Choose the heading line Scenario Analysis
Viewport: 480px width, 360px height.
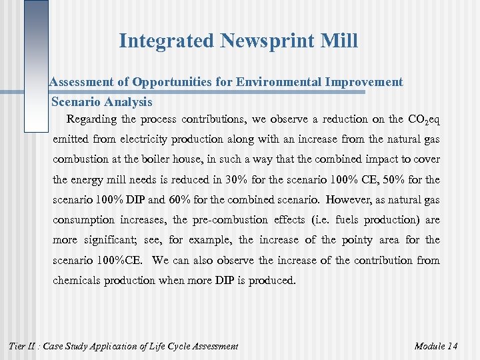pos(102,103)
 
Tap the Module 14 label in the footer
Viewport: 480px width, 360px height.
pos(435,345)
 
